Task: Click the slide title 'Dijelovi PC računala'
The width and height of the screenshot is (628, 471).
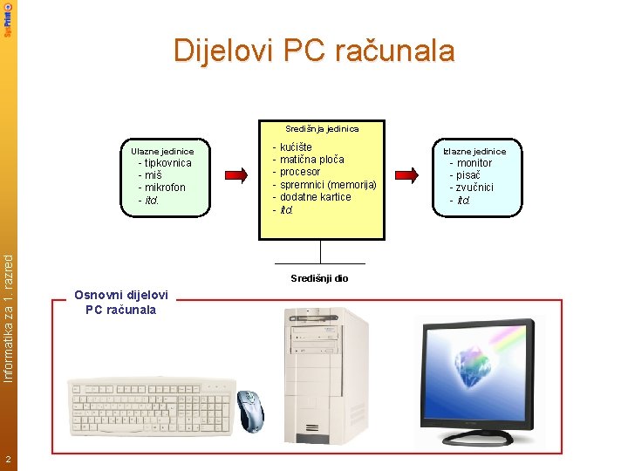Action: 314,51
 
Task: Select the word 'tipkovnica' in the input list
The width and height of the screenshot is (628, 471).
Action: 167,163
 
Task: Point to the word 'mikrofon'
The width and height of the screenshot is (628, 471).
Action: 165,188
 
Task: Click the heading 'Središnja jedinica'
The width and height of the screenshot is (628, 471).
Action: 322,128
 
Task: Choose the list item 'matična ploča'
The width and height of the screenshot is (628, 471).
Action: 311,160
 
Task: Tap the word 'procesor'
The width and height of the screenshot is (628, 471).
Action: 300,172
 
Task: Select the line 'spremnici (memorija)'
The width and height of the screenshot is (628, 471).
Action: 328,185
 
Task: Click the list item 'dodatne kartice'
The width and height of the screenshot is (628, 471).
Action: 315,197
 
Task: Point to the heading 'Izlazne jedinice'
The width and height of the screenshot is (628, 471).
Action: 474,151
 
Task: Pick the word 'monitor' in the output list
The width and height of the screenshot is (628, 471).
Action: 474,163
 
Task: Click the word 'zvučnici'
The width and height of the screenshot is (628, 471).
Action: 474,188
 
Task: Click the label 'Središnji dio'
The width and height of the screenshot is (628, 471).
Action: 319,278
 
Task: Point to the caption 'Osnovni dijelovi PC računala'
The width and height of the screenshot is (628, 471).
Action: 121,302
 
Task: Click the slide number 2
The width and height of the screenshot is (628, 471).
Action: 7,460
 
